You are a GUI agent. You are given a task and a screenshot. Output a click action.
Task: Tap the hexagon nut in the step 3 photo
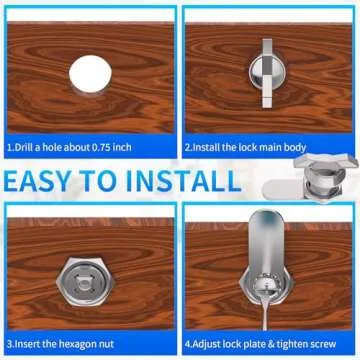pyautogui.click(x=88, y=275)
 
